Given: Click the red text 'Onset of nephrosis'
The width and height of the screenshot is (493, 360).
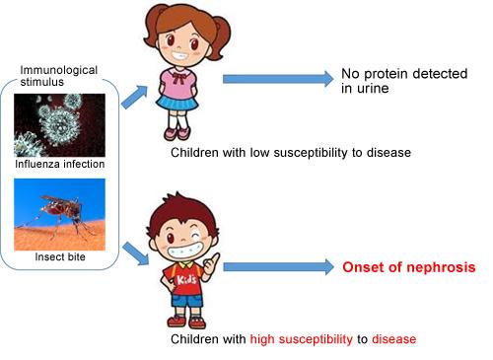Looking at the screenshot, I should point(408,267).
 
